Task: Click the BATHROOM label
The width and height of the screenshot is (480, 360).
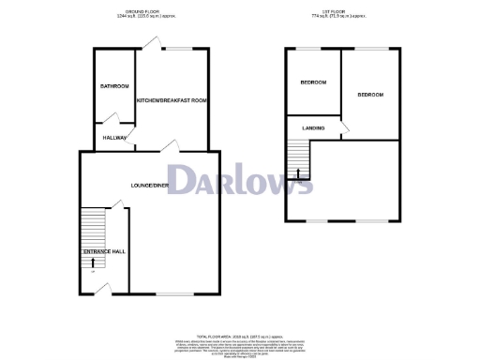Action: click(x=114, y=86)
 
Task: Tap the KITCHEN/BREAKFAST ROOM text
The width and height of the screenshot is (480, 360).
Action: click(x=171, y=100)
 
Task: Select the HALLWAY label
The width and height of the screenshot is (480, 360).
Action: click(x=114, y=138)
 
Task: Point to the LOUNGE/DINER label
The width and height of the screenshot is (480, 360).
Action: click(x=150, y=186)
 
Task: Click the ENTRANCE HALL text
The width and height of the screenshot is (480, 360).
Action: click(x=104, y=252)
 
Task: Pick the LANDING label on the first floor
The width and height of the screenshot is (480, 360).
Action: click(x=313, y=127)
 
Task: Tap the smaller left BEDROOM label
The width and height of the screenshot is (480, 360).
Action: click(x=313, y=82)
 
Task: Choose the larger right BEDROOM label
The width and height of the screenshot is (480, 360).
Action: click(x=370, y=95)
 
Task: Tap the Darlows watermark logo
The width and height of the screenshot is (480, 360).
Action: click(x=240, y=180)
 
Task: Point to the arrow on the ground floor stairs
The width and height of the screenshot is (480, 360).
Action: click(x=93, y=263)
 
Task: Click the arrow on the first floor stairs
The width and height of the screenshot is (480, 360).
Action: click(x=298, y=172)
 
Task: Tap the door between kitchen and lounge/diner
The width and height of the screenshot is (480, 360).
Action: click(x=169, y=145)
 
